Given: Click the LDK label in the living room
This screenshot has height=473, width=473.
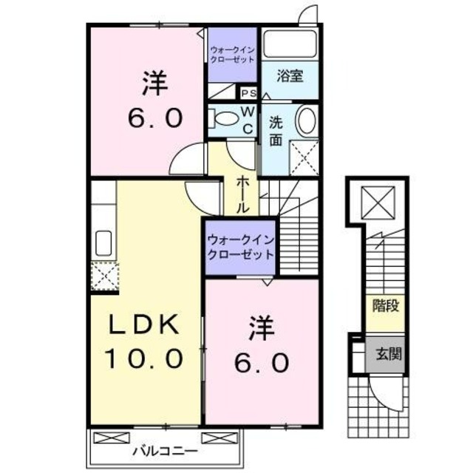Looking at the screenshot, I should coord(145,326).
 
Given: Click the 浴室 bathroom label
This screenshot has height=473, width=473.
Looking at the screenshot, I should coord(289,75).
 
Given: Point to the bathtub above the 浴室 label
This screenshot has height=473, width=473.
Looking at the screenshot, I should coord(289,44).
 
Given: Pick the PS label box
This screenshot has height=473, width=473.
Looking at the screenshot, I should coord(248,93).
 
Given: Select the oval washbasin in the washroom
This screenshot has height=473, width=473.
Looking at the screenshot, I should coord(305,120).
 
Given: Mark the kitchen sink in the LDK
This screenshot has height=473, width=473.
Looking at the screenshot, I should coord(103,242).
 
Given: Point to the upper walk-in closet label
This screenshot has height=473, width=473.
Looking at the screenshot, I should coord(232,55).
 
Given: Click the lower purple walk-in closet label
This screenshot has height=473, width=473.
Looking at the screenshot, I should coord(240,247).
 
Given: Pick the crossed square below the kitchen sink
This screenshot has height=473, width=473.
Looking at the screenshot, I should coord(103,277).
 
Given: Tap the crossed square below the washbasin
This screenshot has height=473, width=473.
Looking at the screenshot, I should coord(304,157).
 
